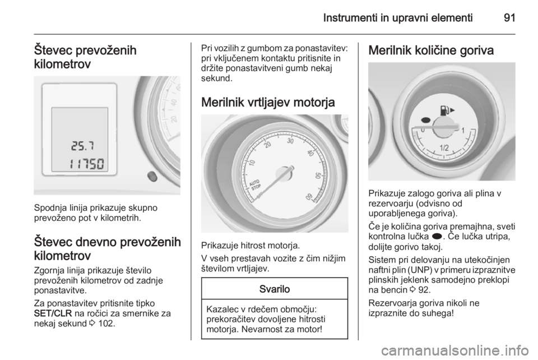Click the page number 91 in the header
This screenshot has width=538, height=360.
[509, 17]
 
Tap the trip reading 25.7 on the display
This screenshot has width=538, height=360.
[83, 146]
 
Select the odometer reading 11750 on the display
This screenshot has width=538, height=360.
[86, 164]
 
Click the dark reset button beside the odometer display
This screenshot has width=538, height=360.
[152, 177]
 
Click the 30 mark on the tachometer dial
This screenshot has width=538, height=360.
[290, 141]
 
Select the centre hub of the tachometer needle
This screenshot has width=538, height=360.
[284, 173]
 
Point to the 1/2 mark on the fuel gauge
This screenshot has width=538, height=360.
[444, 148]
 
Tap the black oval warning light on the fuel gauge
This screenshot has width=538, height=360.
[425, 120]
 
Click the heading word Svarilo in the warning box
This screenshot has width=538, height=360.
[275, 289]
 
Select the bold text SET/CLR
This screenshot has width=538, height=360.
[53, 313]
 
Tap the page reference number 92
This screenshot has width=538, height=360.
[424, 290]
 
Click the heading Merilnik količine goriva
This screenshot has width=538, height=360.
[431, 50]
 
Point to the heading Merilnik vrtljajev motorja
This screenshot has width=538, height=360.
[268, 102]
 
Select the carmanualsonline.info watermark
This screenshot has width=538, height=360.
[454, 350]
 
